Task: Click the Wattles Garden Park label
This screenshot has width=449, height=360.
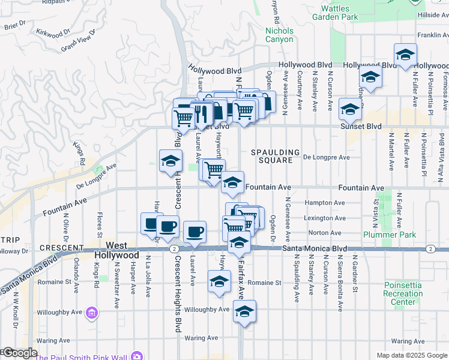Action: pos(339,13)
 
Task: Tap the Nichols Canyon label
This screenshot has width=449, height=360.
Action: pos(279,35)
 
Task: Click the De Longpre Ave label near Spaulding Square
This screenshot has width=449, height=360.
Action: pos(326,157)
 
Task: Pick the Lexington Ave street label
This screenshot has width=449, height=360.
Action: pos(325,218)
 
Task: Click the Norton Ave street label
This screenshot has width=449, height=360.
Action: pos(324,233)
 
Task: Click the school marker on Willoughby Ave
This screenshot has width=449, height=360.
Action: pos(244,311)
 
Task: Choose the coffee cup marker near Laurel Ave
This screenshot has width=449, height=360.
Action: pos(194,232)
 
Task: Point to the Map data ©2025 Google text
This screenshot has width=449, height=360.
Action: pos(411,355)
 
